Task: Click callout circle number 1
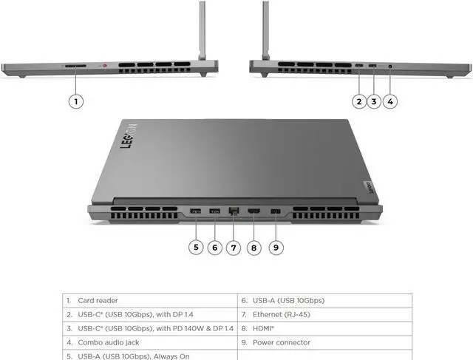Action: coord(76,101)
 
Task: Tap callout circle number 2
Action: coord(359,101)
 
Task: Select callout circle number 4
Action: coord(390,101)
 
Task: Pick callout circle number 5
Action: coord(196,248)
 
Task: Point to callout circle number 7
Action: coord(234,248)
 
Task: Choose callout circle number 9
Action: coord(276,248)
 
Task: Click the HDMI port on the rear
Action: coord(254,211)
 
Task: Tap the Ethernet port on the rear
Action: coord(234,211)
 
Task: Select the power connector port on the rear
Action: coord(276,211)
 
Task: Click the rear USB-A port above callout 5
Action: coord(195,211)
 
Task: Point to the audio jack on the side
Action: coord(390,66)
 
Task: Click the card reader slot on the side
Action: coord(75,66)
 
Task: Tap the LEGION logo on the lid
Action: coord(129,136)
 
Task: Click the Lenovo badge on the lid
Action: coord(370,188)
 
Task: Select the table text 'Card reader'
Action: coord(98,301)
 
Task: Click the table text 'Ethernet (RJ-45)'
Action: coord(281,314)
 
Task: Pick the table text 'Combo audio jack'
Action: coord(109,342)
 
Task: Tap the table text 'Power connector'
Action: coord(282,342)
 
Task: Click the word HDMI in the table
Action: coord(262,328)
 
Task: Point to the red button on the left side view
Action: coord(105,65)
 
